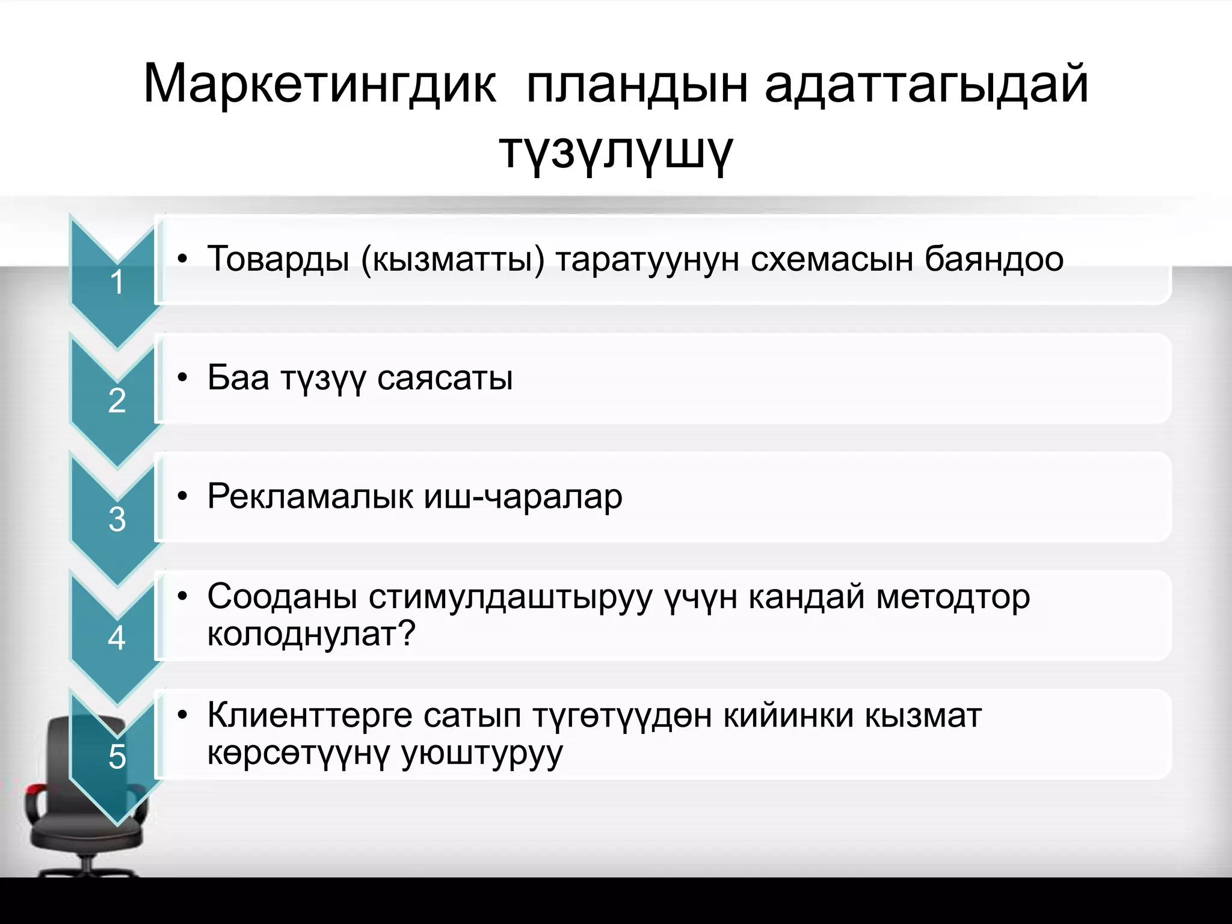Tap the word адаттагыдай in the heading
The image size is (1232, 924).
926,84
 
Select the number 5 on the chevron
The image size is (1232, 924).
117,756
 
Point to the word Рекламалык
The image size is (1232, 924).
310,497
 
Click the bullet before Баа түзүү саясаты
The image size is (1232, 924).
183,378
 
